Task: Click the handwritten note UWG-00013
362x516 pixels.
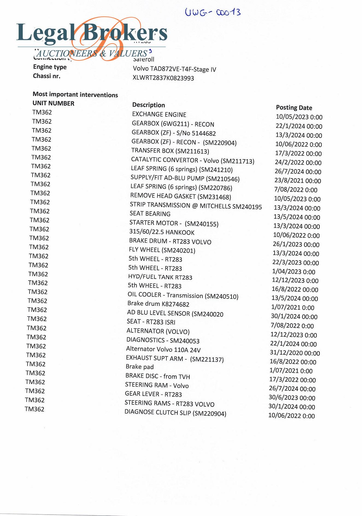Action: tap(213, 12)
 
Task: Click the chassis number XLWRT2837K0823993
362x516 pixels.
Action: tap(163, 78)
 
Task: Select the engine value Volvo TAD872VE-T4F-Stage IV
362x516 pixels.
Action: tap(174, 69)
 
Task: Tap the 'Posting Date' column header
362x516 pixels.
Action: tap(294, 108)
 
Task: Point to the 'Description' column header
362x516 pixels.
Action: tap(148, 105)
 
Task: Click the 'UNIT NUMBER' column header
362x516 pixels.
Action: tap(53, 103)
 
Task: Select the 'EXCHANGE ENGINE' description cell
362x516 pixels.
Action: tap(159, 114)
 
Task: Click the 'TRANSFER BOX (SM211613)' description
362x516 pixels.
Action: tap(170, 151)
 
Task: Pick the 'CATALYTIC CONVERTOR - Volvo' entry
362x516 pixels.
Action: tap(192, 161)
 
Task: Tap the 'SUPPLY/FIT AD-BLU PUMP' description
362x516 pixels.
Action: tap(185, 179)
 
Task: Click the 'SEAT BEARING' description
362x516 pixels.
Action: tap(150, 214)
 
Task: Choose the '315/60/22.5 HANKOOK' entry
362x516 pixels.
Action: tap(162, 232)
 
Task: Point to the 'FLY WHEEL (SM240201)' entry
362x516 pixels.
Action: tap(162, 250)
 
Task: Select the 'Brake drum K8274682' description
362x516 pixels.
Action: tap(158, 304)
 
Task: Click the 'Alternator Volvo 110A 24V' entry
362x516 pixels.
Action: tap(163, 349)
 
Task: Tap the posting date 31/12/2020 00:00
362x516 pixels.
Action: tap(295, 353)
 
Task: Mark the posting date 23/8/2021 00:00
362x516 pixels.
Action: tap(298, 181)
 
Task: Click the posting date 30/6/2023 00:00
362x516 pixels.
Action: tap(292, 398)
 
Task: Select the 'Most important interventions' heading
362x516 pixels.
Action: tap(75, 94)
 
